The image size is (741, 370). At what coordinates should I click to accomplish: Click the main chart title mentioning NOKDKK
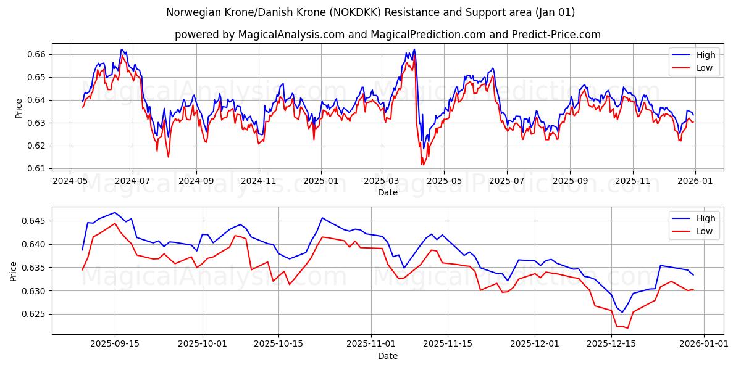371,12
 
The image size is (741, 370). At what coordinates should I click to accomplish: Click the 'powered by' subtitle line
387,35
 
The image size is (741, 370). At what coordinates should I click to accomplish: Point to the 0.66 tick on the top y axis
38,54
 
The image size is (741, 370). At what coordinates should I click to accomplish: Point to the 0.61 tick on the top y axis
38,168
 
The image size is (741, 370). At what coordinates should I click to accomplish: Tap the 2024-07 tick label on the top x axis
133,181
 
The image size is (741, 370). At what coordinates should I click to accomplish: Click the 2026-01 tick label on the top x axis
695,181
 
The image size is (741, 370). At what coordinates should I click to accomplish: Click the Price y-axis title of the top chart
19,108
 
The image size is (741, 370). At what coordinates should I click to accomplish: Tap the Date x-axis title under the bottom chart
387,356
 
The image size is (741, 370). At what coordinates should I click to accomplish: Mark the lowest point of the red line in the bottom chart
627,328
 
